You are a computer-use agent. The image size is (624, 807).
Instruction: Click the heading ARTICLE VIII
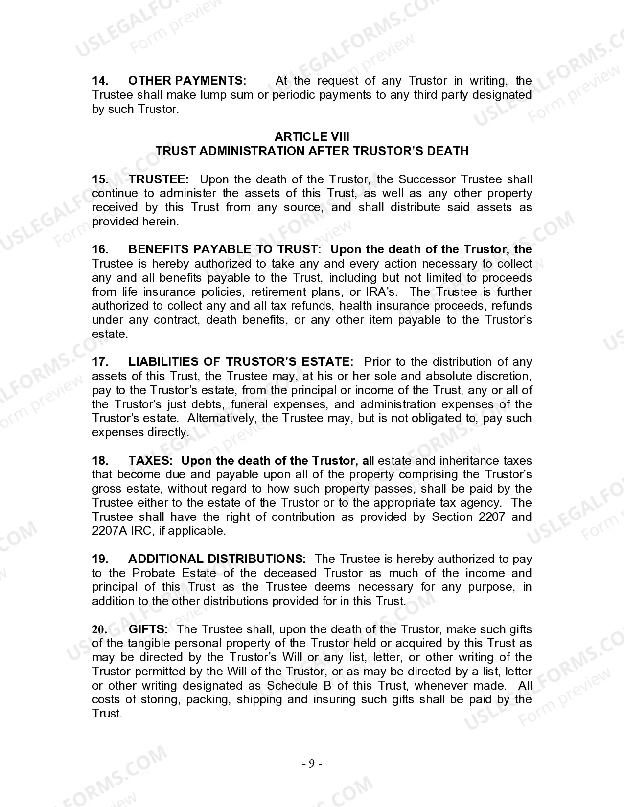(312, 137)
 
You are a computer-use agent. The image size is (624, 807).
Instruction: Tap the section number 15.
(100, 179)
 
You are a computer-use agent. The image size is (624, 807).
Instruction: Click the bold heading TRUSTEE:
(159, 179)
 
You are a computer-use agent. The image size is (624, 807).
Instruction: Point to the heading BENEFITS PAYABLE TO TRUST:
(225, 249)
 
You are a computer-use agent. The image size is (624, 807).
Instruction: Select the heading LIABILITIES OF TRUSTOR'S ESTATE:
(241, 362)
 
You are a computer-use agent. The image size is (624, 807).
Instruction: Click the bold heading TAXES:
(150, 461)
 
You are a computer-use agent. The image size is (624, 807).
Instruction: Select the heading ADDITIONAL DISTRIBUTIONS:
(217, 559)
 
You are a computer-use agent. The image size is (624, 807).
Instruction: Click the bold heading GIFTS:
(148, 629)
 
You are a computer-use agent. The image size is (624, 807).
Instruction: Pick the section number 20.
(100, 629)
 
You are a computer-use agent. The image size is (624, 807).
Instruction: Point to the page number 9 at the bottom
(312, 764)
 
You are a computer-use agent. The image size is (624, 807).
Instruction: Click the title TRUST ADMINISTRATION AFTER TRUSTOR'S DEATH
(312, 151)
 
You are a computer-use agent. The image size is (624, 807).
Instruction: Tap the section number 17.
(100, 362)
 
